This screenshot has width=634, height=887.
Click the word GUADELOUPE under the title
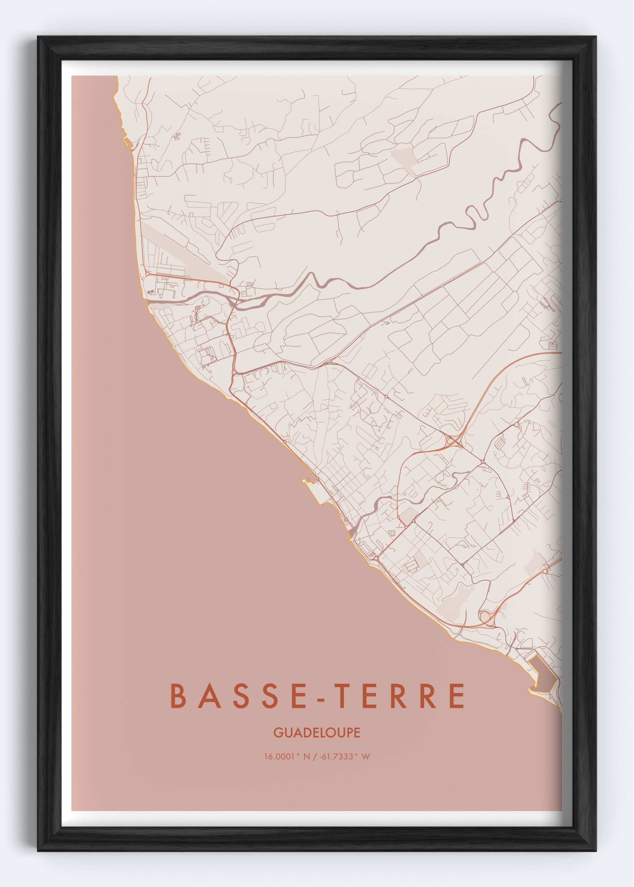[x=317, y=733]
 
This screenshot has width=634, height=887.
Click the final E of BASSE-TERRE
[x=458, y=696]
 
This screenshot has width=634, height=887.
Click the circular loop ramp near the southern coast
[x=485, y=617]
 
